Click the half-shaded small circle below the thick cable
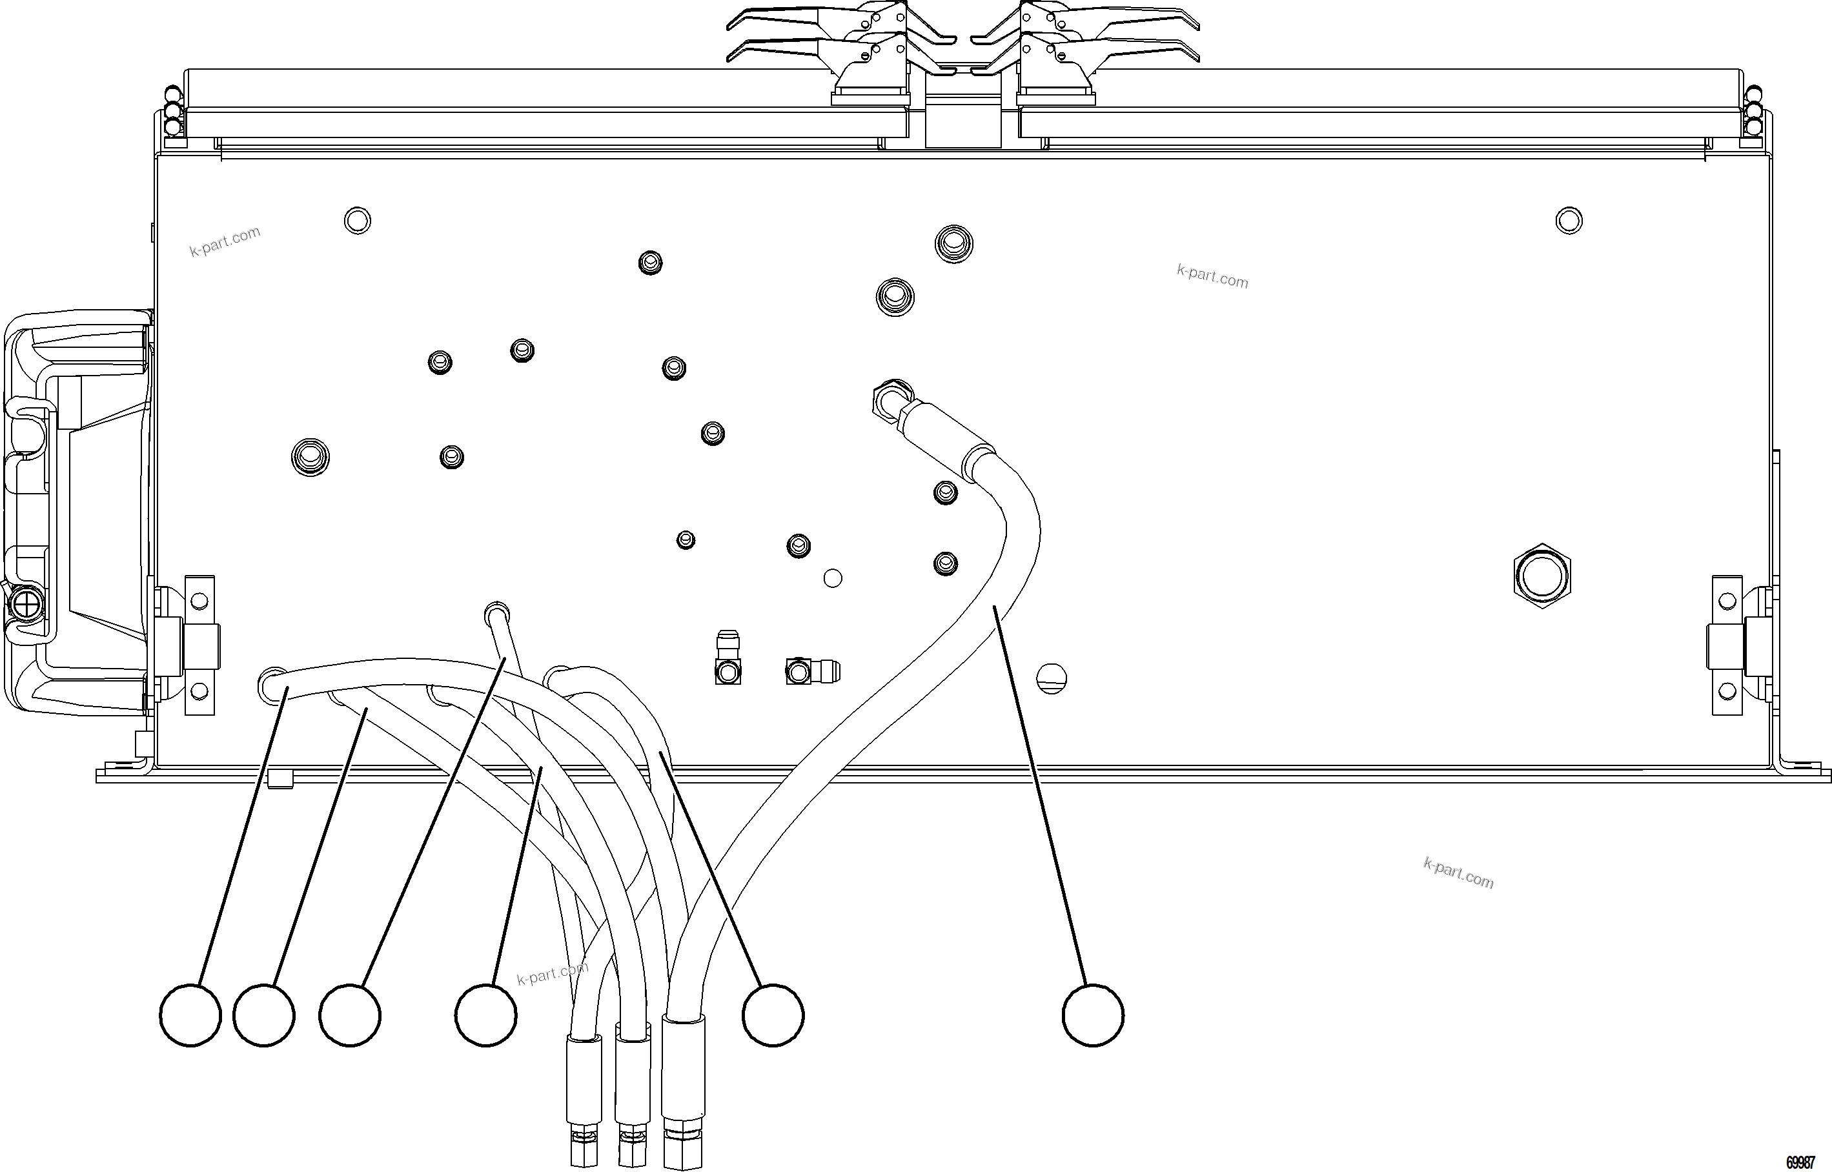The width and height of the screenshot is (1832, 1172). [1052, 678]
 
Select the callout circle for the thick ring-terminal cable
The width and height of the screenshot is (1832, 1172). [1092, 1015]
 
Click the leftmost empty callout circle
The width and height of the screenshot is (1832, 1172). [190, 1015]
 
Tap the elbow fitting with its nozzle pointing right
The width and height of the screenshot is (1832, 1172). [811, 671]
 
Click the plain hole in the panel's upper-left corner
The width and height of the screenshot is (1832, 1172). [358, 221]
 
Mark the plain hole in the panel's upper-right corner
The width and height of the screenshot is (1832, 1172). [1569, 221]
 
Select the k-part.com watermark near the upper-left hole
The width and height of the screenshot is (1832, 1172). [225, 241]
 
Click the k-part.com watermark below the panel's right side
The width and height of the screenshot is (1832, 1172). [1458, 873]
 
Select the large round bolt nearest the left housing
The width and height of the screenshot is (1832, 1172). [310, 458]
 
